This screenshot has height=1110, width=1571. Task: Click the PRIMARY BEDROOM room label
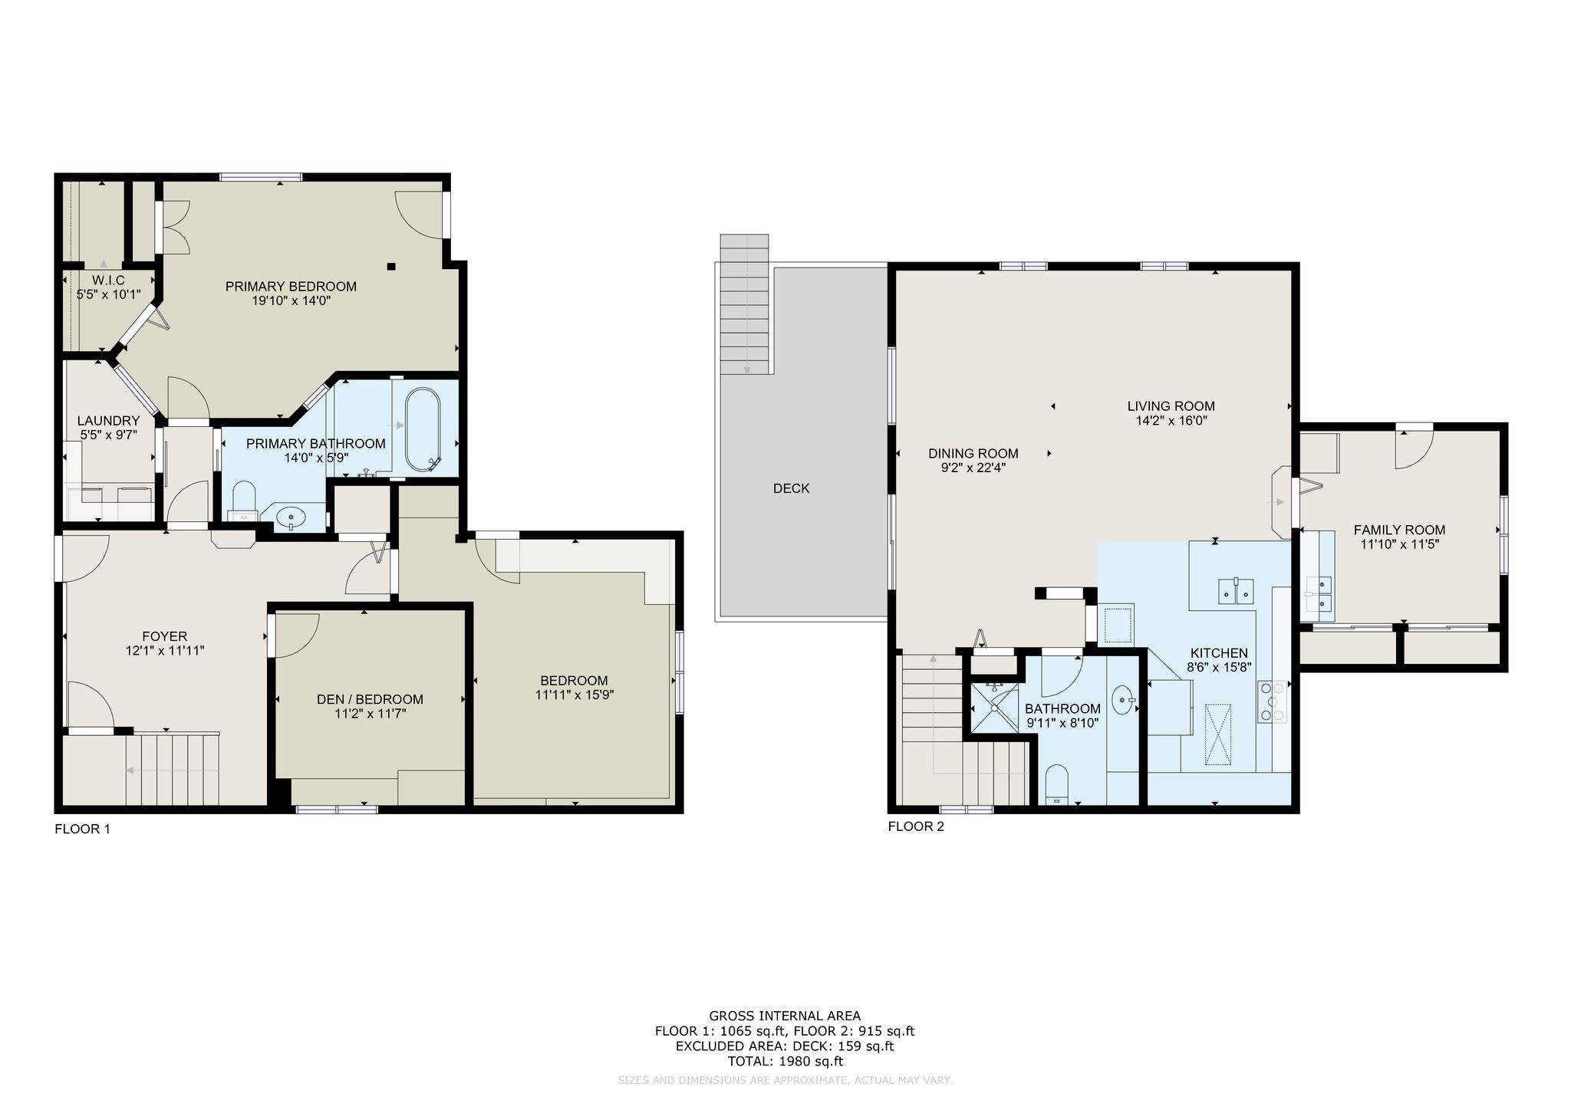click(291, 287)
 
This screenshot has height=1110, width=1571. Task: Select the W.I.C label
click(108, 281)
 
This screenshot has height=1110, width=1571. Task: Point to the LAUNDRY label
click(109, 421)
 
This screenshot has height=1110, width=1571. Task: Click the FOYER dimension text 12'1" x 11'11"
click(165, 651)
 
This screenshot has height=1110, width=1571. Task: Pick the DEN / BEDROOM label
click(370, 699)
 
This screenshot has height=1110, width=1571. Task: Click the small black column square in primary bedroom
click(391, 267)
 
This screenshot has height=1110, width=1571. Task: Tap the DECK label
click(791, 488)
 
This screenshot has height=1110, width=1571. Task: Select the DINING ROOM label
click(973, 453)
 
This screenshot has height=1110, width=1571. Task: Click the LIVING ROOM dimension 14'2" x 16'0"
click(1171, 421)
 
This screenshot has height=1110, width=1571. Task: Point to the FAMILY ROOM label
click(1399, 530)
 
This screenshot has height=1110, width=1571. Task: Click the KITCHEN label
click(1219, 653)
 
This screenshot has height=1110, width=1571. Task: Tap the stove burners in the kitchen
click(1272, 701)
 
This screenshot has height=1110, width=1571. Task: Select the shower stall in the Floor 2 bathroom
click(995, 708)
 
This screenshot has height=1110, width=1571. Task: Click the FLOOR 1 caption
click(83, 829)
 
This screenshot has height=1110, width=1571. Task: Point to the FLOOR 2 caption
click(916, 826)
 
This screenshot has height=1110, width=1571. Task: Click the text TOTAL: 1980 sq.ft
click(785, 1062)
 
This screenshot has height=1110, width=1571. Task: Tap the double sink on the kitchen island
click(1236, 591)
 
